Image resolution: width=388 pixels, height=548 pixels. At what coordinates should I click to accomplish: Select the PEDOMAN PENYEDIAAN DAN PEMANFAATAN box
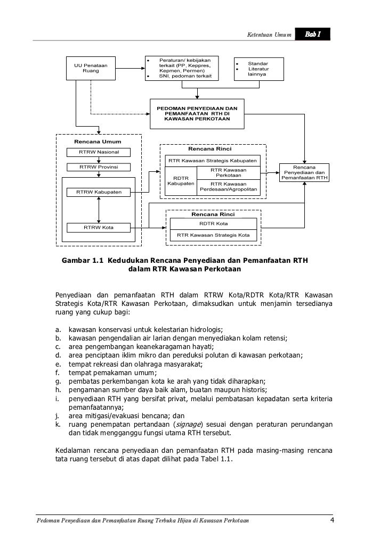(x=197, y=113)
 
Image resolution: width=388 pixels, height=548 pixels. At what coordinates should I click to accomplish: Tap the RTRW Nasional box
(x=100, y=153)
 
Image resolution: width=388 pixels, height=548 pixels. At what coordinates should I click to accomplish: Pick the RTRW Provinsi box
(x=100, y=167)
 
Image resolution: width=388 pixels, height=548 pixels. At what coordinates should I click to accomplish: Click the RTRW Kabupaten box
(x=100, y=192)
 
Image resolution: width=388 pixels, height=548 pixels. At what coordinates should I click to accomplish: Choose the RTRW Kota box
(x=100, y=228)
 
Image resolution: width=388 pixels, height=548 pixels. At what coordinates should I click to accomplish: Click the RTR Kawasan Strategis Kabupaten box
(x=213, y=161)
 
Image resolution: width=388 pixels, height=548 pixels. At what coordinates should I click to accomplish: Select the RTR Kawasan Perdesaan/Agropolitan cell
(x=228, y=187)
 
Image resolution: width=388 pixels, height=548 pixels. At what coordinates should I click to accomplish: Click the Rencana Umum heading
(x=98, y=142)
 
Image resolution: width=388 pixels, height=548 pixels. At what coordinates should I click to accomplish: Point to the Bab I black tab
(x=313, y=35)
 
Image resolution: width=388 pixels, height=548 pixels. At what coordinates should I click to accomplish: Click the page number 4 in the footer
(x=332, y=519)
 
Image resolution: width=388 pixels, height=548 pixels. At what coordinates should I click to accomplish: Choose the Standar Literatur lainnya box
(x=258, y=69)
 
